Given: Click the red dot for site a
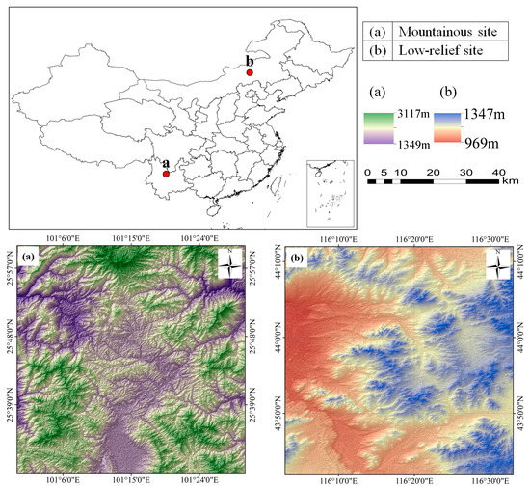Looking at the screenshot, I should (x=166, y=175).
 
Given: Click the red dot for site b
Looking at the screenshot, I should (x=249, y=72).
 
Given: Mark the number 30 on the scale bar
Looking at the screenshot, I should (x=466, y=173).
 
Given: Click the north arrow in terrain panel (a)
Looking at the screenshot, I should (x=230, y=263).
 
